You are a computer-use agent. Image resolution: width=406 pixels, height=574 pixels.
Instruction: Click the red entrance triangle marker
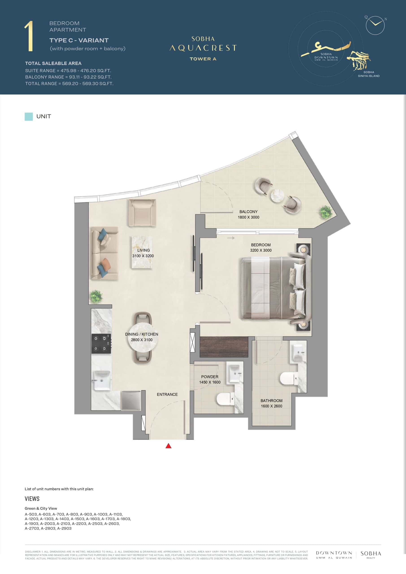[169, 446]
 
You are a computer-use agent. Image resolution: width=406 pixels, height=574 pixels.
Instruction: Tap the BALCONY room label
[248, 211]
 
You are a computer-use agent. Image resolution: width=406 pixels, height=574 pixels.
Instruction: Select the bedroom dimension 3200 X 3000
[261, 250]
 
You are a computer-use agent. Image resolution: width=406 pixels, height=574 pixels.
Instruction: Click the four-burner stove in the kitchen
[101, 344]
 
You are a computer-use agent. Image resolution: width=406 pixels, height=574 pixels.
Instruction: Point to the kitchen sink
[102, 380]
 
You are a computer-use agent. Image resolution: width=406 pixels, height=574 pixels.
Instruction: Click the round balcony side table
[278, 195]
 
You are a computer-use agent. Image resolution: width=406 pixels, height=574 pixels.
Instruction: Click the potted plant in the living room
[96, 296]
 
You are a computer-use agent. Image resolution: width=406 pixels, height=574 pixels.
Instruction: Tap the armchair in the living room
[142, 213]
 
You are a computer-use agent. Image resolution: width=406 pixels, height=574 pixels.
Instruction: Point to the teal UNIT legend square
[29, 117]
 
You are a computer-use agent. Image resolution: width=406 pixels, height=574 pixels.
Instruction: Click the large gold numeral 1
[29, 37]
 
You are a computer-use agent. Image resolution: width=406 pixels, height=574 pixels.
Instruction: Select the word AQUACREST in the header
[203, 48]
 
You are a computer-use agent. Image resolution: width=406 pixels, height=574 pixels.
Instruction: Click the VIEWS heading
[32, 499]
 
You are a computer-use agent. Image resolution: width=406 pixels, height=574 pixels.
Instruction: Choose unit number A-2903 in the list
[64, 528]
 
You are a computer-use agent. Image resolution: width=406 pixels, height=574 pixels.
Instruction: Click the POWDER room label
[210, 376]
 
